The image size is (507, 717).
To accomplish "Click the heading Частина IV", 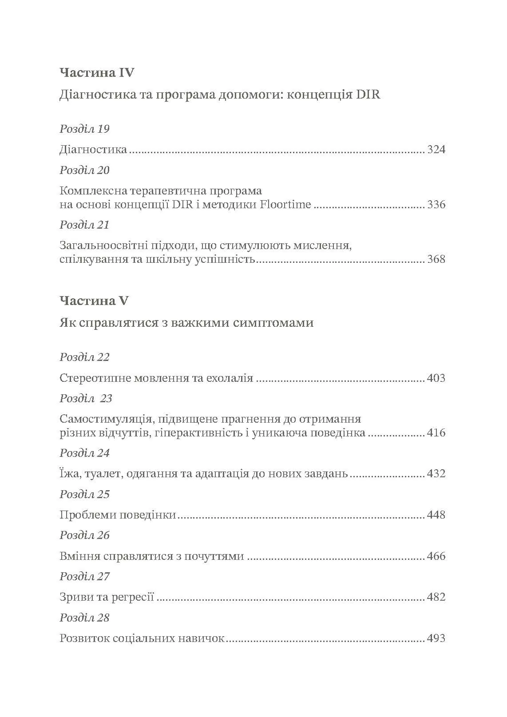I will click(96, 72).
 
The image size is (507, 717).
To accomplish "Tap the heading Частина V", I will click(94, 301).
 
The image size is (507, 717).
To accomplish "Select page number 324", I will click(436, 150).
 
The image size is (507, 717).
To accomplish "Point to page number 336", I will click(436, 205).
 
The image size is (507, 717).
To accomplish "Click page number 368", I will click(436, 259).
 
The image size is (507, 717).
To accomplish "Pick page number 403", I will click(436, 378).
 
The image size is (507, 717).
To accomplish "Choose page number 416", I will click(436, 433).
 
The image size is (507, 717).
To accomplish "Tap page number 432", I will click(436, 474).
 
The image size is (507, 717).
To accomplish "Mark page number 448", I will click(436, 515).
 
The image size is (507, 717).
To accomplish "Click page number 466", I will click(436, 556).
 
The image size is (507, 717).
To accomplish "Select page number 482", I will click(436, 597).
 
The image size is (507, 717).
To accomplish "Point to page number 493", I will click(436, 638).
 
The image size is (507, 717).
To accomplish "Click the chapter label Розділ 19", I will click(84, 129).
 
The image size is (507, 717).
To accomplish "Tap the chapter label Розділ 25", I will click(84, 494).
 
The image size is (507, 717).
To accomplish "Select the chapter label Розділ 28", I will click(84, 618).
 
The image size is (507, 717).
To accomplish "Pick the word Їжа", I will click(68, 473).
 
